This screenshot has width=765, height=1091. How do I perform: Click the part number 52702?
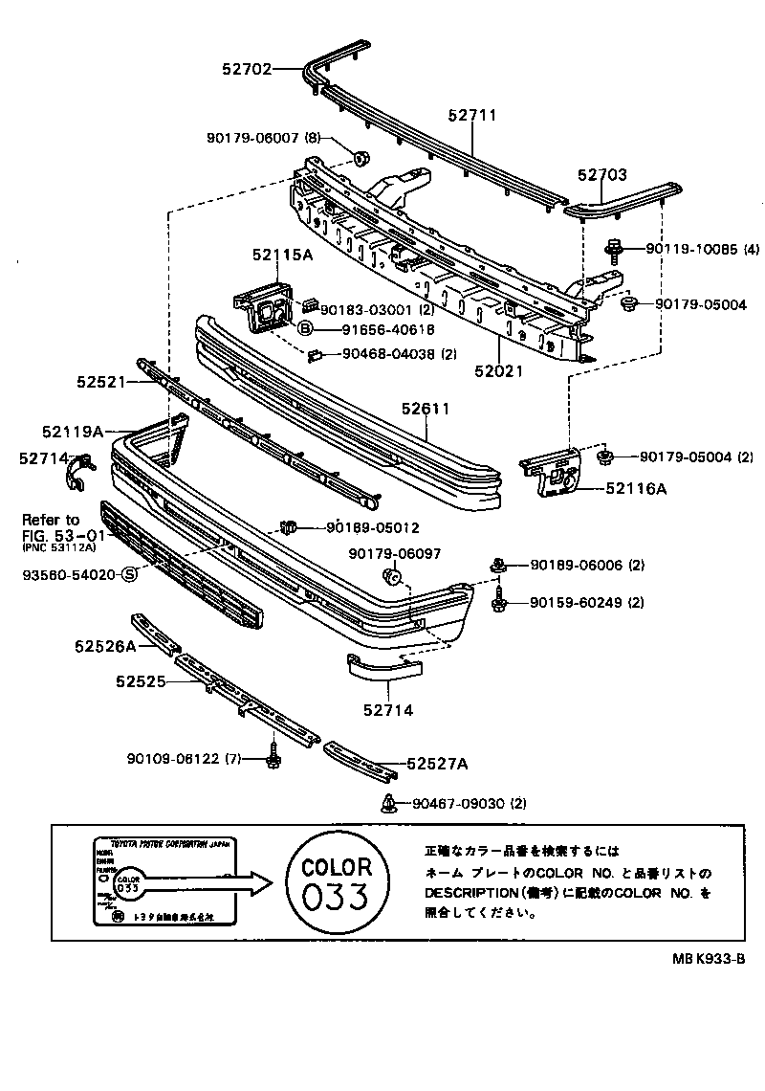(x=247, y=69)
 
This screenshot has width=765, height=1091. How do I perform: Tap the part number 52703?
(x=602, y=175)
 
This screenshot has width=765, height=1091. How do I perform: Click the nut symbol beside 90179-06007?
(x=361, y=158)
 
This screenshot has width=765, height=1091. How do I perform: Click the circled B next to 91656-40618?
(x=305, y=329)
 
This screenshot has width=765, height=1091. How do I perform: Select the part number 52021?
(x=500, y=370)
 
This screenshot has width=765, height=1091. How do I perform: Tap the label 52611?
(x=426, y=409)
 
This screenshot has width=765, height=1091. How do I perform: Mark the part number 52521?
(x=101, y=381)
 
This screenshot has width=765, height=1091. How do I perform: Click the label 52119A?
(x=73, y=432)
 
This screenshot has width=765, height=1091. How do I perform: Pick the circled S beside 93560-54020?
(x=128, y=574)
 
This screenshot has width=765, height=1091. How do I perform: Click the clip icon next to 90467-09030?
(x=389, y=802)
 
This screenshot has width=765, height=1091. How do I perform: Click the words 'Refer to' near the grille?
(x=51, y=520)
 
